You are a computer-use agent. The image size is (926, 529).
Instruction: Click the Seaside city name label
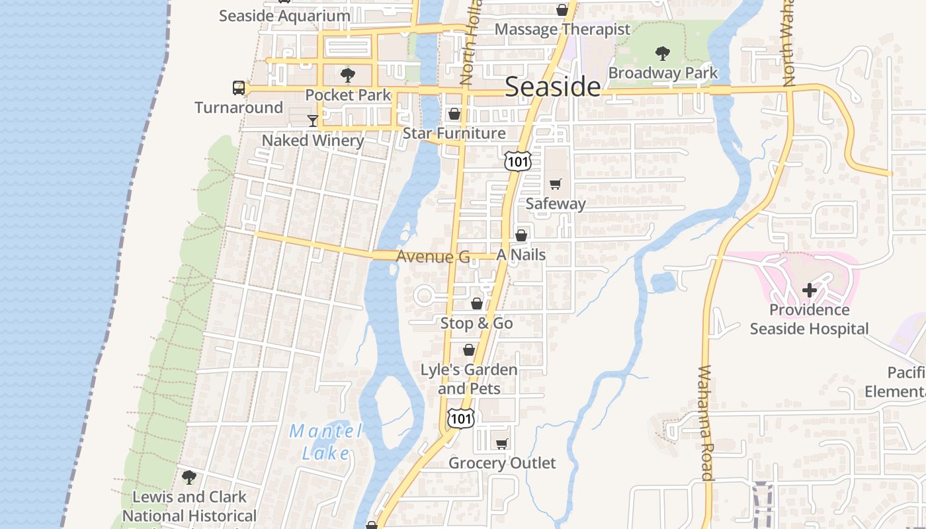tap(553, 87)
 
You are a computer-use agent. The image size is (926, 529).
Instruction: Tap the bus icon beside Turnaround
tap(239, 87)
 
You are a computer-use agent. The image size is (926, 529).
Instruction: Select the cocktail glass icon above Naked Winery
tap(313, 120)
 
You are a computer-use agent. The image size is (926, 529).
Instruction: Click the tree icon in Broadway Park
tap(663, 54)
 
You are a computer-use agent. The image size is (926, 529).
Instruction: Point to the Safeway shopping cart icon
tap(555, 184)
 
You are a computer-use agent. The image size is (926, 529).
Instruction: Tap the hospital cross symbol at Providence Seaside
tap(809, 290)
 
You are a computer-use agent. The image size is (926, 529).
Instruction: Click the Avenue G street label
tap(433, 257)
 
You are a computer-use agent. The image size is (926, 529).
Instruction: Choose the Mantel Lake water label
tap(326, 442)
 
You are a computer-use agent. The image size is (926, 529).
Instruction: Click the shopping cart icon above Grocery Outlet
tap(502, 443)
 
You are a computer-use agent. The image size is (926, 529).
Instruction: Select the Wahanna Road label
tap(706, 423)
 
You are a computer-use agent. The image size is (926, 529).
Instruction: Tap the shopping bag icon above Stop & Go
tap(476, 304)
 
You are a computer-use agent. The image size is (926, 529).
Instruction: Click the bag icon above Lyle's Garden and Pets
tap(469, 349)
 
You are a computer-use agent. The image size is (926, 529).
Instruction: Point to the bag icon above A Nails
tap(521, 235)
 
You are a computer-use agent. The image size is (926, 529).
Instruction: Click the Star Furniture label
tap(454, 134)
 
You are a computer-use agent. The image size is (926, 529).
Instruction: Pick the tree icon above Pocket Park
tap(348, 75)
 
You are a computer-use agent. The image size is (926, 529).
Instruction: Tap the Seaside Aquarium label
tap(284, 16)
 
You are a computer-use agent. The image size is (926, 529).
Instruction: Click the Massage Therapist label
tap(562, 30)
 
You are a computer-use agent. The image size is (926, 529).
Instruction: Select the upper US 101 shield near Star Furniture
tap(517, 160)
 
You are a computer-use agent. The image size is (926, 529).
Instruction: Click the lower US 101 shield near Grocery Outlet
tap(460, 418)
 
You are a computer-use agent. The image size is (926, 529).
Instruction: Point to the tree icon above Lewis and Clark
tap(189, 477)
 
